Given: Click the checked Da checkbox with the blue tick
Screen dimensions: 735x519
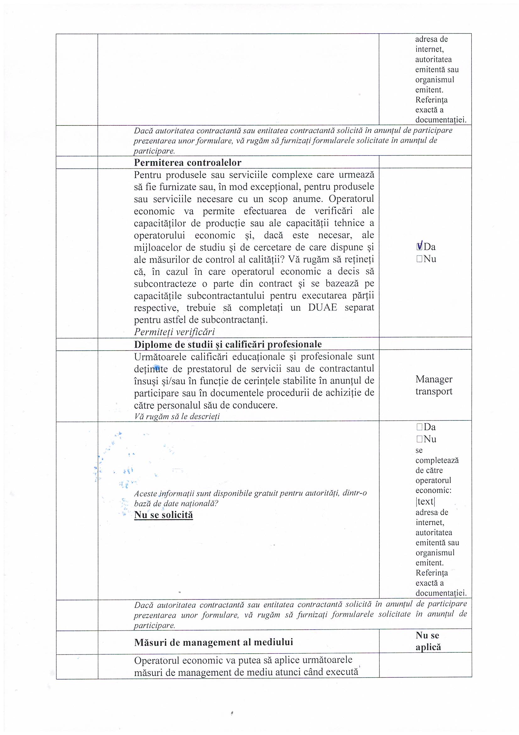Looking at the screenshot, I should click(x=419, y=246).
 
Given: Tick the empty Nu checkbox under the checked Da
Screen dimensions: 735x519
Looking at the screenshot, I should click(x=419, y=259).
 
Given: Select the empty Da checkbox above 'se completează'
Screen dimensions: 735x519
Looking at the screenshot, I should click(x=419, y=427).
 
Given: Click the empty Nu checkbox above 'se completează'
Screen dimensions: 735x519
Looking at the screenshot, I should click(x=419, y=439).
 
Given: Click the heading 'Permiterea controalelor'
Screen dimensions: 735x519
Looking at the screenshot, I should click(x=187, y=163).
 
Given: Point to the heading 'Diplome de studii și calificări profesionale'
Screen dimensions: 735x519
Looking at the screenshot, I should click(x=228, y=344).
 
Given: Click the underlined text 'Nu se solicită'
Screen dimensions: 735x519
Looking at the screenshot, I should click(x=163, y=515).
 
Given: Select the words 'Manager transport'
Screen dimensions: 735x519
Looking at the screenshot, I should click(x=434, y=385).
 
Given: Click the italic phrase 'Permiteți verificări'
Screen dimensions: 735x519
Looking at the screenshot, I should click(x=174, y=332).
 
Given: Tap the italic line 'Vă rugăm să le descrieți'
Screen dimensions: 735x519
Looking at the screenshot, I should click(x=177, y=417).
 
